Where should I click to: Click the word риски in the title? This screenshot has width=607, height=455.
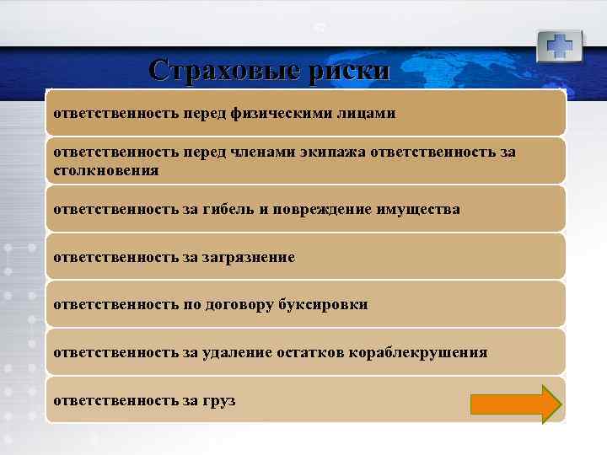[350, 69]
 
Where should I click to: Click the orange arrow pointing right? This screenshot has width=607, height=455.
[515, 403]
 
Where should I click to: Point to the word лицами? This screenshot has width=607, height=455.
[366, 113]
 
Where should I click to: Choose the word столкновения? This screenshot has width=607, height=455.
[105, 169]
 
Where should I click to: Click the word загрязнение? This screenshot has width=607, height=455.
[250, 257]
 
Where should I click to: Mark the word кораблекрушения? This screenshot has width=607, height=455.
[413, 352]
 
